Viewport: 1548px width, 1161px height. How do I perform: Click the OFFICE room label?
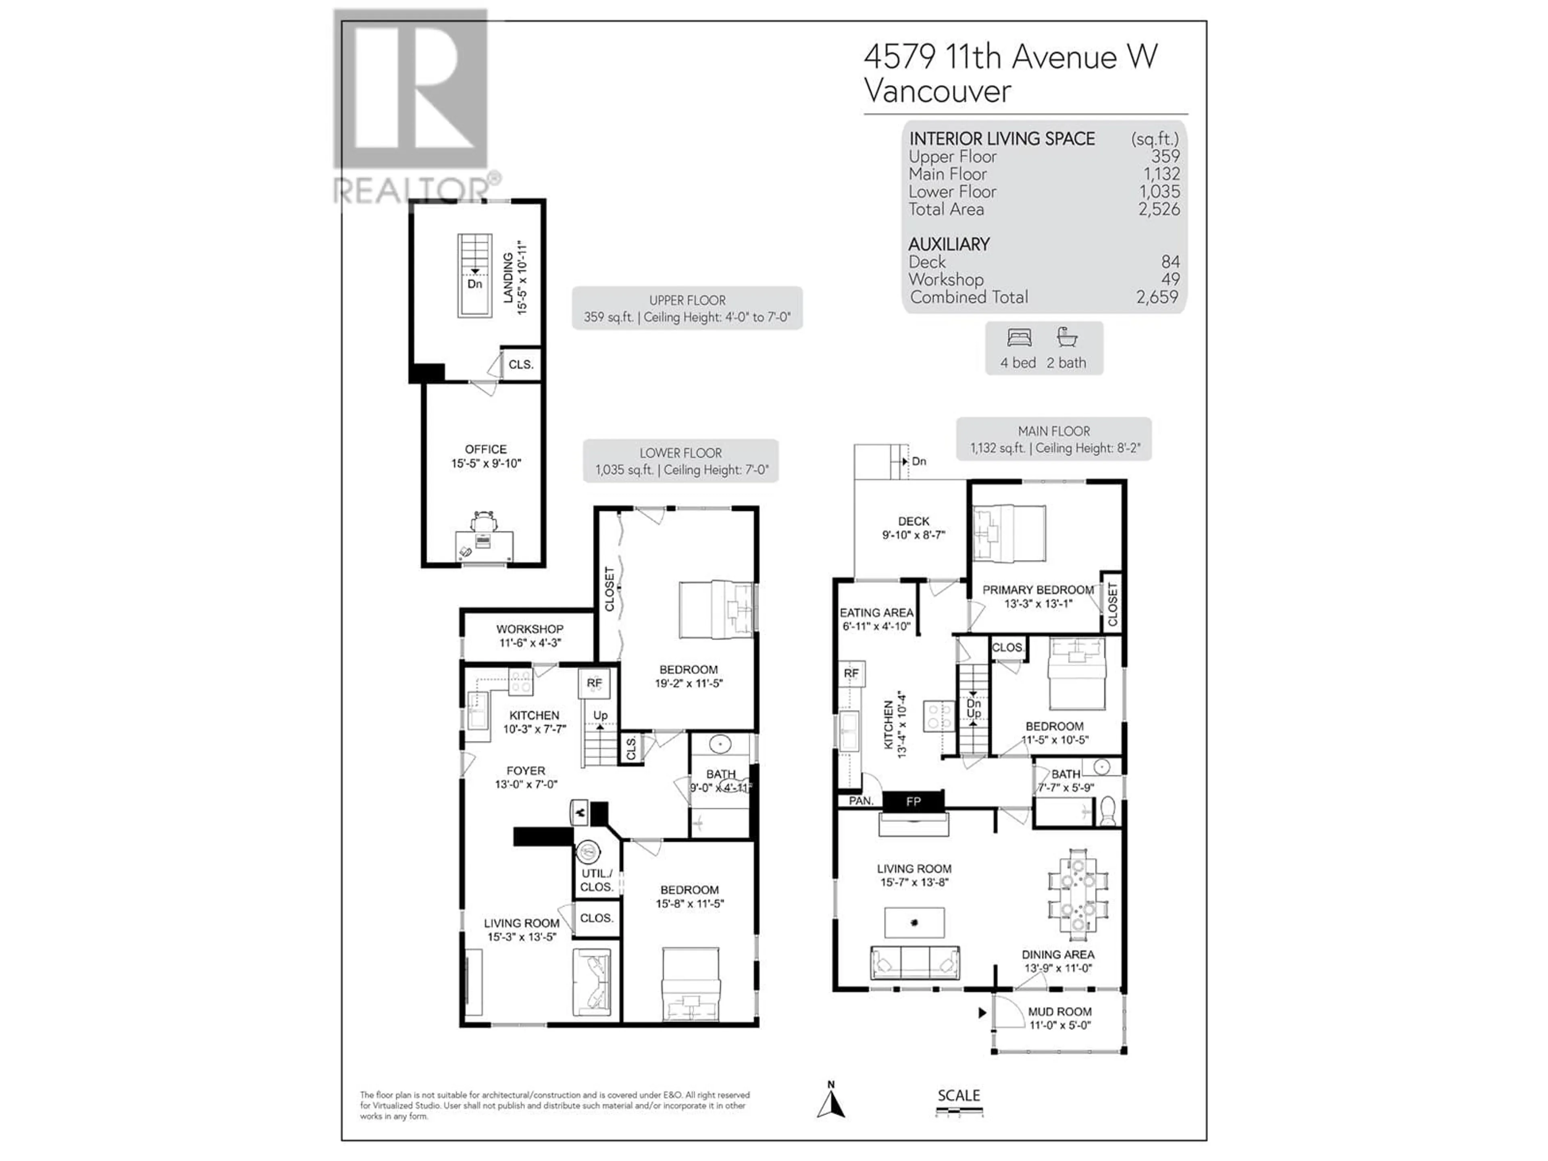[x=486, y=449]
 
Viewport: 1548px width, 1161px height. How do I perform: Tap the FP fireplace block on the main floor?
[x=913, y=801]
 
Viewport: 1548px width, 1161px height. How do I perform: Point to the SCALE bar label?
[x=959, y=1095]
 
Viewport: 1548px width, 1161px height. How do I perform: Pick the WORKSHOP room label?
[x=530, y=629]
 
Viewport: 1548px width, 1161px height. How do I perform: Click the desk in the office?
[x=484, y=546]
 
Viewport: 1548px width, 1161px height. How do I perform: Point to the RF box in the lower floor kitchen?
[x=594, y=684]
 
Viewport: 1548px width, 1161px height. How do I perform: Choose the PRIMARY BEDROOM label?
[x=1038, y=590]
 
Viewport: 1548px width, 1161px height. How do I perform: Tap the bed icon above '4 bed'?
[x=1019, y=339]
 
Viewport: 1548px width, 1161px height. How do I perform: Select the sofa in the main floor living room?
[x=915, y=962]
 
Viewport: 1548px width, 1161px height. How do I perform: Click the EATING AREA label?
[x=876, y=612]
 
